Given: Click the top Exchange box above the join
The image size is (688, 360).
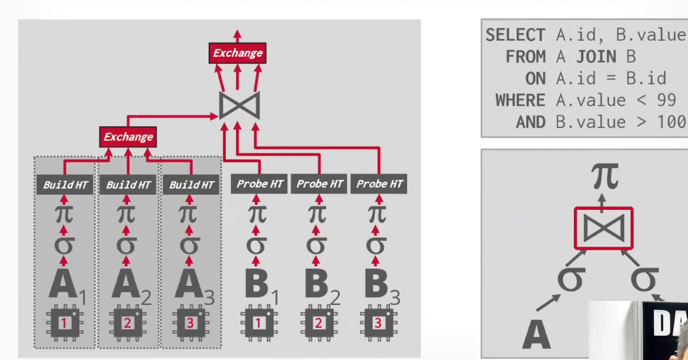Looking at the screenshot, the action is pos(237,53).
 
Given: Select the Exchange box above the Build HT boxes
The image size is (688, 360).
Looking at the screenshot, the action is pos(128,137).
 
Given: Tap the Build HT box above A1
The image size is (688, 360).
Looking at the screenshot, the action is pos(65,184).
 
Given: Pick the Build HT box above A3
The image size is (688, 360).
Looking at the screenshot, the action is pos(191,184).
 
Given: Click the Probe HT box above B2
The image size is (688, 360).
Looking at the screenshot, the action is pos(320,184).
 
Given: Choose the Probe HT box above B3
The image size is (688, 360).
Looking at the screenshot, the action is pos(379,184).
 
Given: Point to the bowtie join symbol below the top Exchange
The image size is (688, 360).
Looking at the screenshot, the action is pos(240,106).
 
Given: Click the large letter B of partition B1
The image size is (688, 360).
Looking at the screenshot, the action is pos(256,284).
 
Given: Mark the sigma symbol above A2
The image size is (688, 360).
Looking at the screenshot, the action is pos(126,245).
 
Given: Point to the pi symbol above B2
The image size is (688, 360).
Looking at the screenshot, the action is pos(317,214).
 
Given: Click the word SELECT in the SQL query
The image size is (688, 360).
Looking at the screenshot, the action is pos(515,35).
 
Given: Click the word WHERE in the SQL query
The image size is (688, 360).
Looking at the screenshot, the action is pos(520,100).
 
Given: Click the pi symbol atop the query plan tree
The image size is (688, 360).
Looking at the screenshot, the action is pos(605,176).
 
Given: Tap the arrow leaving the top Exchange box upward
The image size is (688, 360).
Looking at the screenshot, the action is pos(237,36).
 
